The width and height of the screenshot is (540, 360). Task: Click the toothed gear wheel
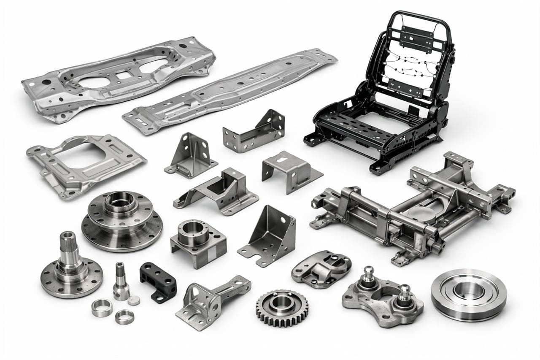click(282, 308)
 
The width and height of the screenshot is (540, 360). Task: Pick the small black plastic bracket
click(158, 282)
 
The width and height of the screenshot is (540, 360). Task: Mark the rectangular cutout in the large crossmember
click(122, 75)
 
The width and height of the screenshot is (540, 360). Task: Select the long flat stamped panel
click(230, 91)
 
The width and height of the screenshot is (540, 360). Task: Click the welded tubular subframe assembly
click(413, 207)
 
